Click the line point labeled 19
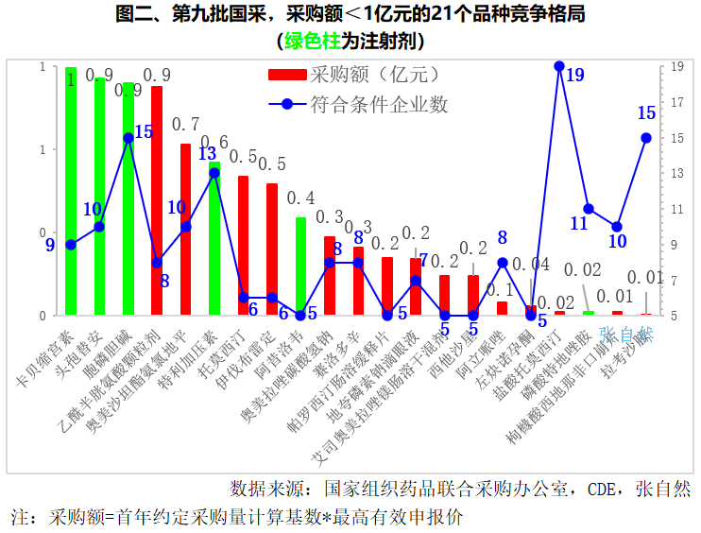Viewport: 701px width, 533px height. pyautogui.click(x=559, y=66)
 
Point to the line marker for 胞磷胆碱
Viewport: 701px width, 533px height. pyautogui.click(x=128, y=137)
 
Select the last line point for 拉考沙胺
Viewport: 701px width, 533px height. pyautogui.click(x=646, y=137)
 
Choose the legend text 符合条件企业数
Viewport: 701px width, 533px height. pyautogui.click(x=379, y=103)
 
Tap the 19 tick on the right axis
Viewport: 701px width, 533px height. pyautogui.click(x=677, y=66)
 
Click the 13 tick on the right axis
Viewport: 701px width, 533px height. pyautogui.click(x=677, y=173)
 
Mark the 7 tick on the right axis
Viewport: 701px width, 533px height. pyautogui.click(x=677, y=280)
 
